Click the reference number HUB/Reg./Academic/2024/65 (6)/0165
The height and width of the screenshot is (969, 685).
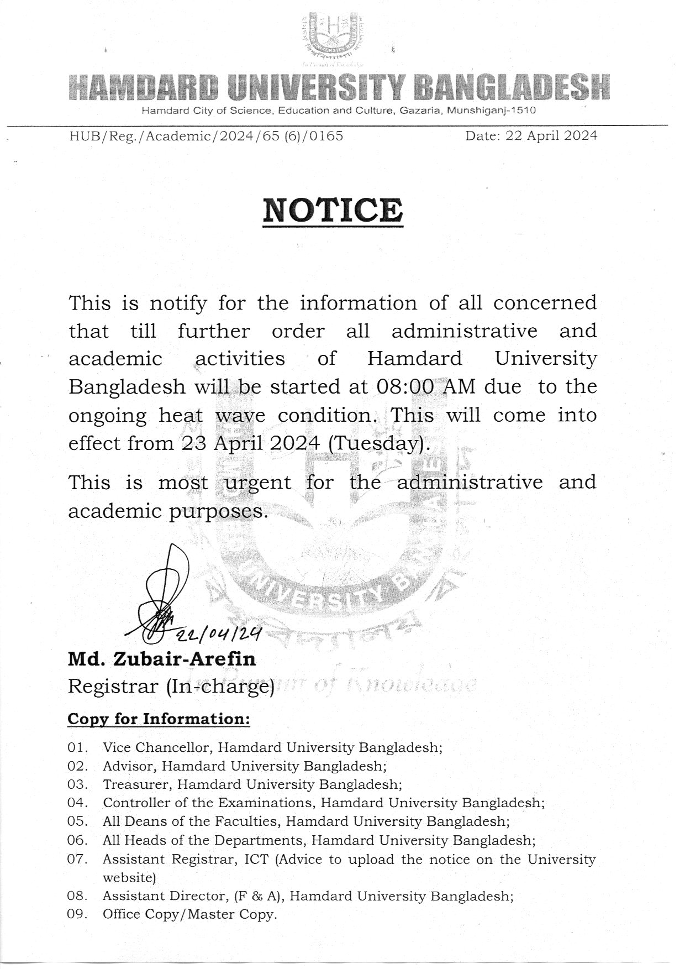click(x=206, y=135)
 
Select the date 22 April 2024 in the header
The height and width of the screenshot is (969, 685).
click(x=531, y=135)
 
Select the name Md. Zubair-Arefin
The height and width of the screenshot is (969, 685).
click(x=162, y=659)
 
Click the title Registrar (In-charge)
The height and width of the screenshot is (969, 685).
click(x=171, y=687)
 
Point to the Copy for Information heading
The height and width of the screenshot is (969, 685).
click(x=159, y=719)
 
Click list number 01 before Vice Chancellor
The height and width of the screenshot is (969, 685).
click(x=78, y=747)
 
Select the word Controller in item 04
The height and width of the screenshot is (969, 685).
click(x=137, y=803)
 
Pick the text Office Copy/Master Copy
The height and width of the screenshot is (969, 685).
click(x=189, y=914)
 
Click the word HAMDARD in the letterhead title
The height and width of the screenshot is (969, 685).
click(x=145, y=88)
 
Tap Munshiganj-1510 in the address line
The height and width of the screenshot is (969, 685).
click(x=491, y=111)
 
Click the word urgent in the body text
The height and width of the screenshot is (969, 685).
click(x=257, y=482)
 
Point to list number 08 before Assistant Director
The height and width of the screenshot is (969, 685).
click(x=78, y=896)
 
